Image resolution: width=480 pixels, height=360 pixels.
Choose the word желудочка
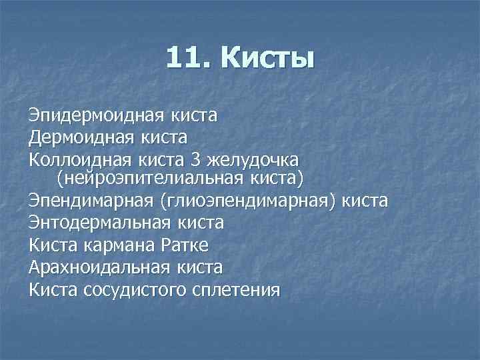click(255, 160)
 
